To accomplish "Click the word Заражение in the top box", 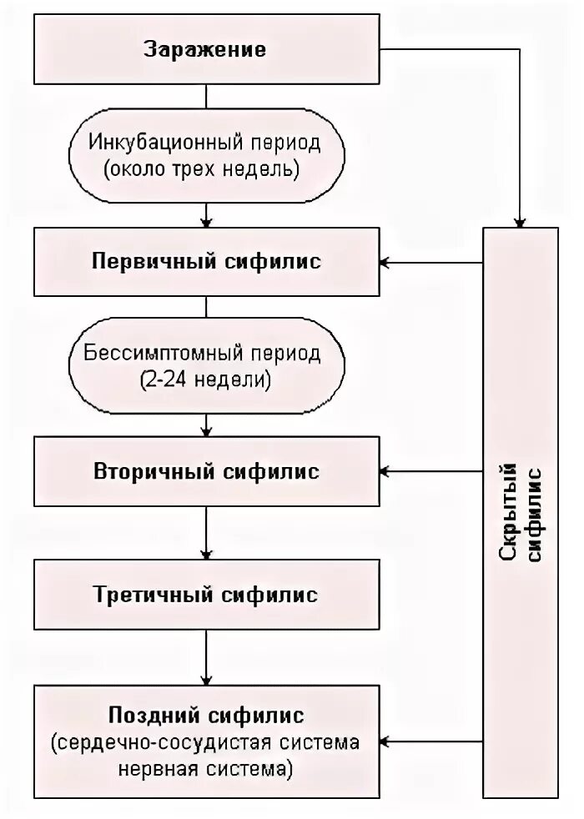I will pos(205,49).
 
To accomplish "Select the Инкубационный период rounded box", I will pos(205,157).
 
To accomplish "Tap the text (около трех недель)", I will pos(205,172).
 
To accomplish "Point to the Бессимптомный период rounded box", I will pos(205,367).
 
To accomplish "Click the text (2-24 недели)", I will pos(205,382).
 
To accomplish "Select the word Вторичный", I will pos(155,471).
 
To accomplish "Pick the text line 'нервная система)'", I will pos(205,769).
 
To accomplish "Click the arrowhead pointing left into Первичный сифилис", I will pos(385,263).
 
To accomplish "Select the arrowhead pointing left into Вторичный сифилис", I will pos(385,473).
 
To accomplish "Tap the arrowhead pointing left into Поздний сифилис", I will pos(385,741).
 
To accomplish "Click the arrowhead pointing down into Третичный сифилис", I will pos(206,554).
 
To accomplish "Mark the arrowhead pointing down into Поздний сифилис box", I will pos(206,678).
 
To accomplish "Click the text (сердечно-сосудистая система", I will pos(205,741).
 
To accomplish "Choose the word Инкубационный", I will pos(147,142).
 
